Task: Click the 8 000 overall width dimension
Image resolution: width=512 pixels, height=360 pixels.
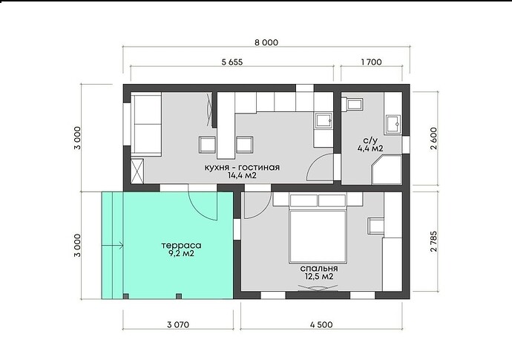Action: click(x=266, y=42)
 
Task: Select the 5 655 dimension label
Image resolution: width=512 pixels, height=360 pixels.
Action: click(x=232, y=62)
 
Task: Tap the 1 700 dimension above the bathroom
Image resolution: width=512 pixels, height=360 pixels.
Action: click(x=371, y=62)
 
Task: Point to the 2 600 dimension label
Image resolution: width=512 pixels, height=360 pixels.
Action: click(x=433, y=138)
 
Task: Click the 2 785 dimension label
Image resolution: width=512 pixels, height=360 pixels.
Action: click(x=433, y=241)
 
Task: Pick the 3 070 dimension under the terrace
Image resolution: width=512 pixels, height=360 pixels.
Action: click(x=178, y=324)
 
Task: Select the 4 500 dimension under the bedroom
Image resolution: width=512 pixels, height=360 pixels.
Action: click(x=321, y=324)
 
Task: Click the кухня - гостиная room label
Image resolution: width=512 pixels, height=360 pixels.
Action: click(x=242, y=168)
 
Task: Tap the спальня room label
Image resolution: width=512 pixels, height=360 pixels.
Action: click(x=319, y=269)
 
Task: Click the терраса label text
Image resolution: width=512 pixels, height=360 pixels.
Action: click(x=181, y=246)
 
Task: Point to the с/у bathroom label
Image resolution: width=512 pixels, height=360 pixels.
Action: click(x=370, y=141)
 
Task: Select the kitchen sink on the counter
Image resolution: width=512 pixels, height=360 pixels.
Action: click(x=324, y=120)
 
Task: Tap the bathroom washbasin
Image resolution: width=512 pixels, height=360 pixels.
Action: click(x=393, y=125)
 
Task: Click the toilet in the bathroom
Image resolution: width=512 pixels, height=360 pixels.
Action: click(x=352, y=105)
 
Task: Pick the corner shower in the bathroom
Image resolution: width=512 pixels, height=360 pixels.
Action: click(x=387, y=169)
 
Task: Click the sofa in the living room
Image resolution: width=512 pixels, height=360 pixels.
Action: click(x=146, y=124)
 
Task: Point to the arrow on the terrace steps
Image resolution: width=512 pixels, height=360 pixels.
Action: click(x=113, y=245)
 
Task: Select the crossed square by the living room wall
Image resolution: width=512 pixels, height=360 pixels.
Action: click(x=137, y=171)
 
